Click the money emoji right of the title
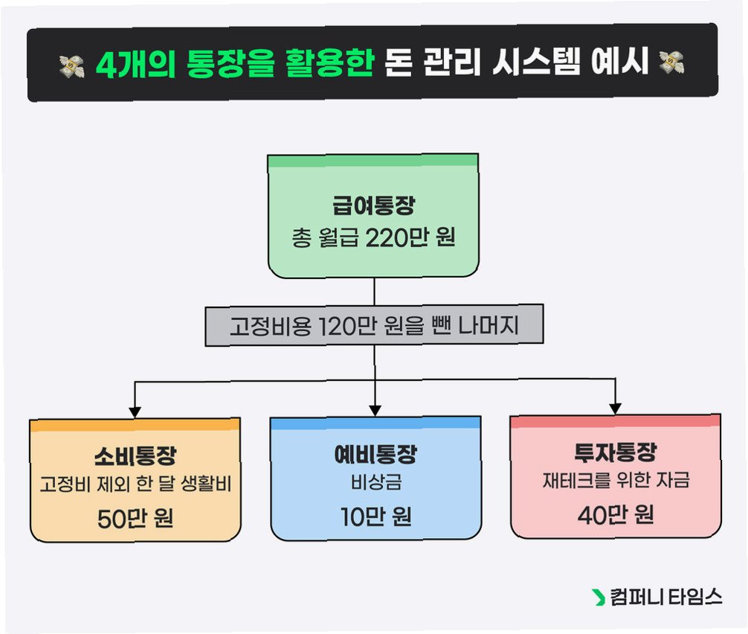tap(671, 65)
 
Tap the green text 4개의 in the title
tap(130, 65)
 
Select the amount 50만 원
tap(135, 518)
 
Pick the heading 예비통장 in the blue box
tap(375, 453)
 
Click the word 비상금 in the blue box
tap(375, 483)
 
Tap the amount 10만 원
tap(375, 516)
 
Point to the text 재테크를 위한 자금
tap(615, 481)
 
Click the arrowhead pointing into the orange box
tap(135, 409)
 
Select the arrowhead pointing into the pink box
tap(615, 407)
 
